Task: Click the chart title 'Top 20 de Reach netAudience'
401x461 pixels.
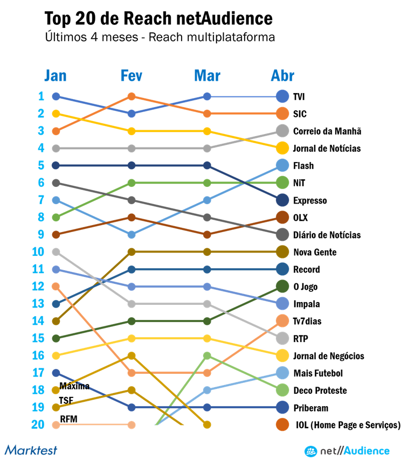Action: pyautogui.click(x=158, y=19)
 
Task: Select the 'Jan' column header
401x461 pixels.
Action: pyautogui.click(x=56, y=75)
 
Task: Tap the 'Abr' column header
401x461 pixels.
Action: pyautogui.click(x=282, y=75)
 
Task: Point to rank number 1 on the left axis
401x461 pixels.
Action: pyautogui.click(x=41, y=96)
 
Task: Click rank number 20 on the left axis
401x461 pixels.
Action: pyautogui.click(x=38, y=424)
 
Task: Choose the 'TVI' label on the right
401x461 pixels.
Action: pyautogui.click(x=299, y=97)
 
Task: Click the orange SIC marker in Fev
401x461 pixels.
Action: pyautogui.click(x=132, y=96)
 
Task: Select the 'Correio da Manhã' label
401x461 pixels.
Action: pyautogui.click(x=327, y=131)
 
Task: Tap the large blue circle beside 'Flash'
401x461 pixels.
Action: pyautogui.click(x=282, y=165)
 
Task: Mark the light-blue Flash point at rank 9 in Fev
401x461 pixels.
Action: pyautogui.click(x=132, y=234)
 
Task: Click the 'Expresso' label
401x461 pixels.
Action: pyautogui.click(x=310, y=200)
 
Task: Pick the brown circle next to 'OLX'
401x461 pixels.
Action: pyautogui.click(x=282, y=218)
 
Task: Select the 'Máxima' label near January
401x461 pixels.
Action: pyautogui.click(x=74, y=386)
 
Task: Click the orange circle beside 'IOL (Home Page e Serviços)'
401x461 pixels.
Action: pyautogui.click(x=282, y=425)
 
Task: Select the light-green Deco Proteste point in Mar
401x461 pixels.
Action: pyautogui.click(x=207, y=355)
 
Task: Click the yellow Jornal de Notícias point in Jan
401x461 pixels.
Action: pyautogui.click(x=56, y=114)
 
